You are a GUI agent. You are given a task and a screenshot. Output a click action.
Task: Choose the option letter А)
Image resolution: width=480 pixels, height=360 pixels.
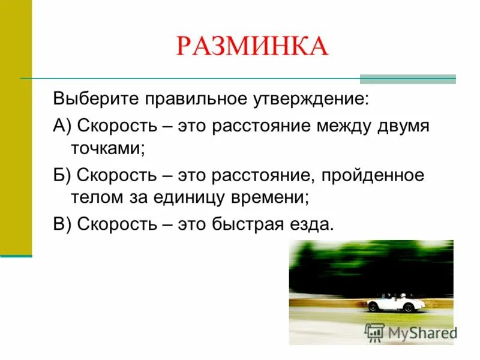(x=62, y=127)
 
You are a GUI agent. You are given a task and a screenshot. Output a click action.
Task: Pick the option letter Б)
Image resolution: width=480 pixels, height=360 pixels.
(x=62, y=176)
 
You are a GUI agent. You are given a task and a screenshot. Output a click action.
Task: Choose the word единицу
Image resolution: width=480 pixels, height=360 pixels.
(x=182, y=197)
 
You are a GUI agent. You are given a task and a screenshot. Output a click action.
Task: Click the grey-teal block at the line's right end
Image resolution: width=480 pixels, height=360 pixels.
(x=407, y=79)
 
